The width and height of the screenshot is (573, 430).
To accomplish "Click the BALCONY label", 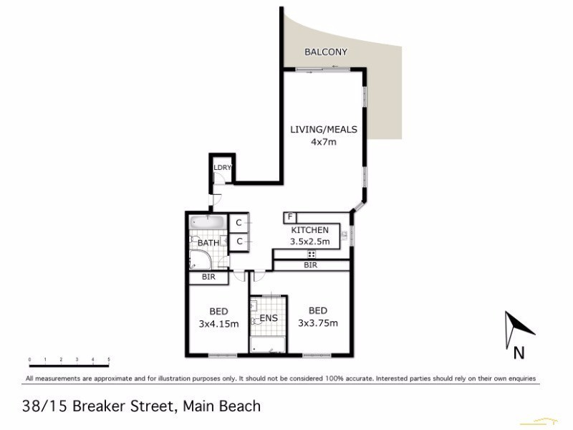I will [326, 52].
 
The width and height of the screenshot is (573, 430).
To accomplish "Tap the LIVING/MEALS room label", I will [323, 130].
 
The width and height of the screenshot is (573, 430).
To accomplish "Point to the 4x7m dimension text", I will [323, 142].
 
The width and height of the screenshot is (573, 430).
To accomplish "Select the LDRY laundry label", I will [222, 168].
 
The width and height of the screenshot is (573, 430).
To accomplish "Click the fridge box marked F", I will [290, 216].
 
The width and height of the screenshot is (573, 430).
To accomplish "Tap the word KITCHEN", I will [310, 230].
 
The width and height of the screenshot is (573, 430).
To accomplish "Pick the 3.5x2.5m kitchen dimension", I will [310, 242].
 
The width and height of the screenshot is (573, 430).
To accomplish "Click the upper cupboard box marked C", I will [239, 224].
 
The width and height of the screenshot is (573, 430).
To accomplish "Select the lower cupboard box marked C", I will [239, 242].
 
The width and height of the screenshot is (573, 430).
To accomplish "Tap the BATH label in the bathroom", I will [208, 243].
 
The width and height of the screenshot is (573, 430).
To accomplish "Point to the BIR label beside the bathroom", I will [208, 277].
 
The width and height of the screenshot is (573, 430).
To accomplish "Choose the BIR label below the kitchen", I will [310, 265].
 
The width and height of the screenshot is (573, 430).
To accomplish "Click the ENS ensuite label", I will [268, 317].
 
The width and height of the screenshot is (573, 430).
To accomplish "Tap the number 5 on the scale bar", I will [109, 359].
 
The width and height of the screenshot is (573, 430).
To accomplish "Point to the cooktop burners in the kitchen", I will [312, 254].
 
